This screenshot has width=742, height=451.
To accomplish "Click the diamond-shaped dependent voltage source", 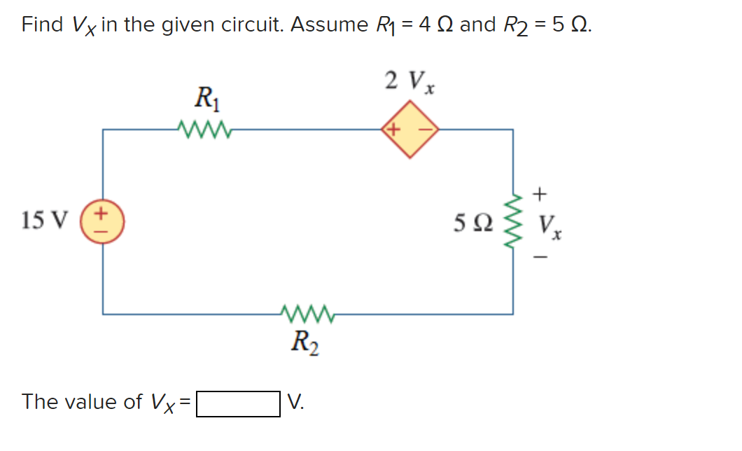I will tap(409, 130).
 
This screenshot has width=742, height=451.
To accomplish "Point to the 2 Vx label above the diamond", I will tap(410, 82).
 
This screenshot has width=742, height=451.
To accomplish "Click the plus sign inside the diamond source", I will tap(394, 130).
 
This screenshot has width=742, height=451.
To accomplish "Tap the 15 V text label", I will tap(45, 221).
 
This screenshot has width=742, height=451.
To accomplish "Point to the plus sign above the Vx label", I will tap(540, 192).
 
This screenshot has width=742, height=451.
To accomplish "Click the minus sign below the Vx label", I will tap(540, 258).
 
